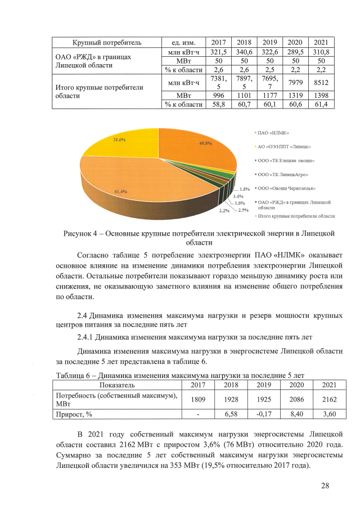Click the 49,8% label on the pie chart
coord(205,144)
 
